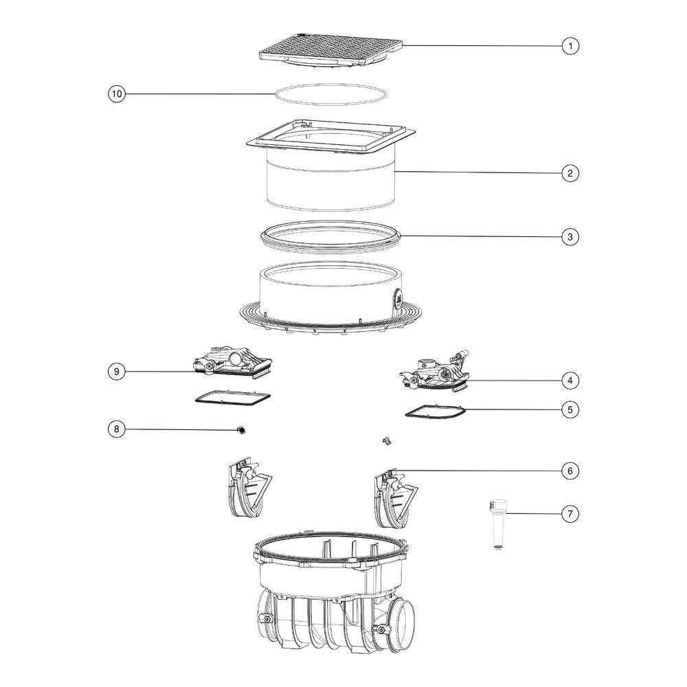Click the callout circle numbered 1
pos(570,46)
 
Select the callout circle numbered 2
pos(570,173)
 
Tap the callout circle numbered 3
pos(570,237)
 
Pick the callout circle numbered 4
pos(570,381)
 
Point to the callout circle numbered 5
pos(570,409)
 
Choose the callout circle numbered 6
pos(570,471)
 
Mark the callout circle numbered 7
pos(570,513)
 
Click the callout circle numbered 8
pos(117,429)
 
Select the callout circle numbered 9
pos(117,372)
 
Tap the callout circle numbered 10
pos(117,93)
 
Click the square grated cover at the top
pos(331,49)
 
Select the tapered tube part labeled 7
pos(497,524)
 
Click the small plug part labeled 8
pos(240,430)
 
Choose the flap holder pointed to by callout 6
pos(396,498)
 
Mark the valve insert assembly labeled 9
pos(233,361)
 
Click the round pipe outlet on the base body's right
pos(404,624)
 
